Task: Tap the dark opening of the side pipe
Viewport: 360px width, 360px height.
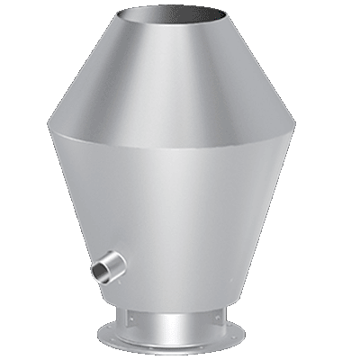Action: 97,270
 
